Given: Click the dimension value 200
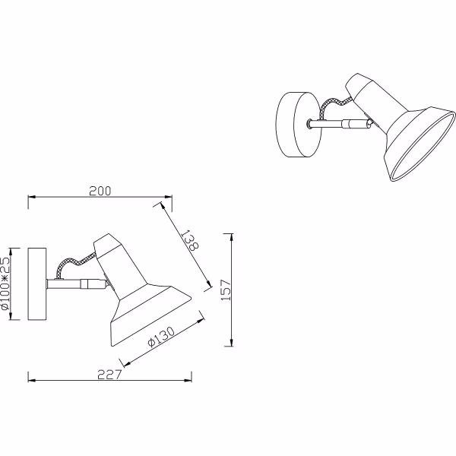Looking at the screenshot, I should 100,191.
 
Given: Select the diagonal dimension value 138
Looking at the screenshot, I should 191,241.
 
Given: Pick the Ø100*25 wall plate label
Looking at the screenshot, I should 7,284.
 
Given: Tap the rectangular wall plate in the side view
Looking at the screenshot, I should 37,284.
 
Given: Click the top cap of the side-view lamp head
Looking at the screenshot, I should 106,245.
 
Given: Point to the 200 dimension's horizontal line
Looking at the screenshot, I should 68,199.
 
